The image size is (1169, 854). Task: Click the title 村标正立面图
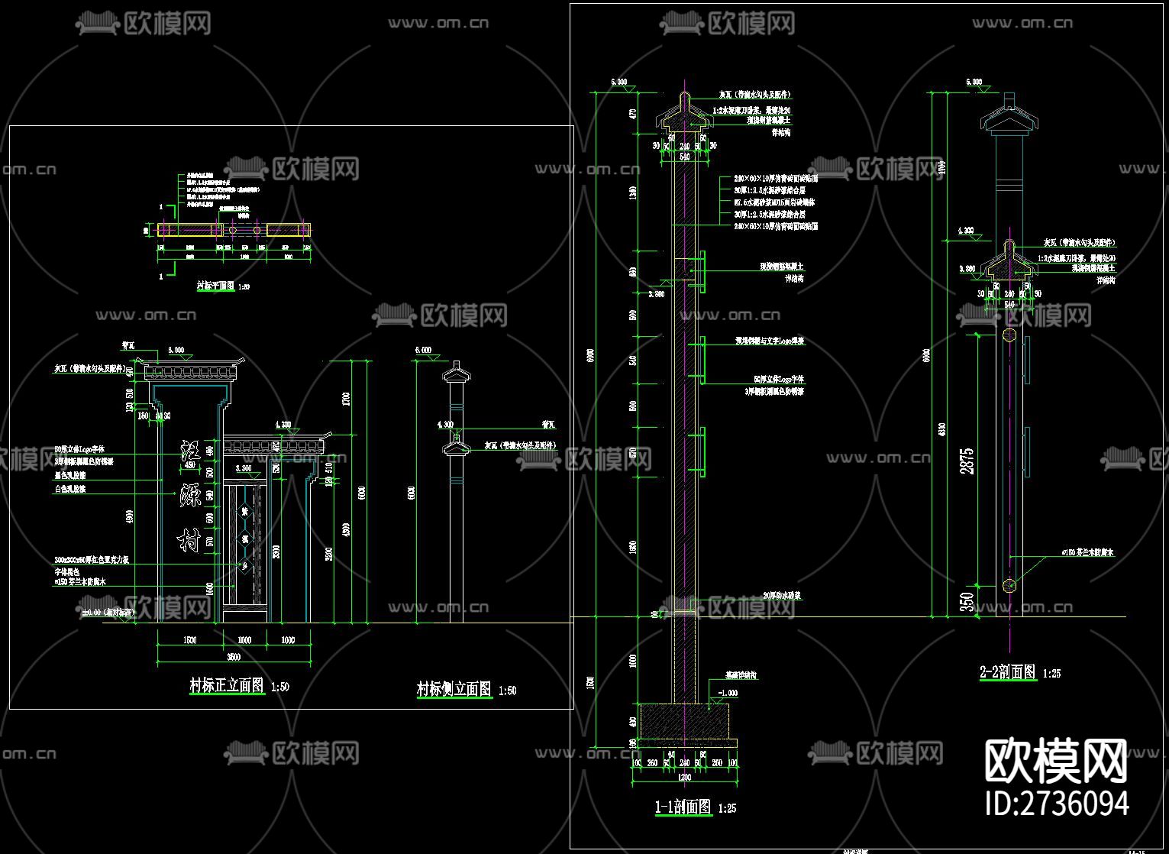[227, 685]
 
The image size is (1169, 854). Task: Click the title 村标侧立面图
[454, 689]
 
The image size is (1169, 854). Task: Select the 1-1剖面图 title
[683, 807]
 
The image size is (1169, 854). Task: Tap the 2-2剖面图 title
[1008, 672]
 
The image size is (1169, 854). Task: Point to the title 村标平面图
[215, 286]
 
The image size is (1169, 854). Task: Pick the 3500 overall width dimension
[234, 657]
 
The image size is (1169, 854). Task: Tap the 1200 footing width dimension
[685, 777]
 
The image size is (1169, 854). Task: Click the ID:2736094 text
[1058, 804]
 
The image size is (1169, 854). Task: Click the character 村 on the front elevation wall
[189, 541]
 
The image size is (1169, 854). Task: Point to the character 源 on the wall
[190, 497]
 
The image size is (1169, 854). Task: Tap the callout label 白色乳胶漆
[70, 489]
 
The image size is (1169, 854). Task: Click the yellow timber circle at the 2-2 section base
[1009, 586]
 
